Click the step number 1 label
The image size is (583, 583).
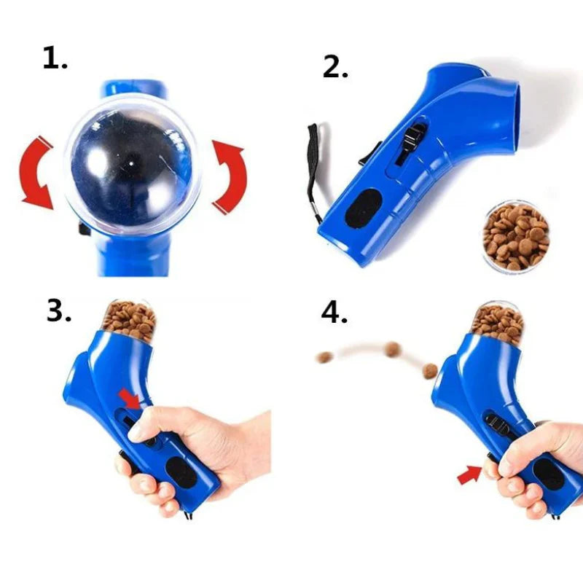pyautogui.click(x=55, y=58)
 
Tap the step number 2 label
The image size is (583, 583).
pyautogui.click(x=335, y=66)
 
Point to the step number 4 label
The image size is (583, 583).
pyautogui.click(x=334, y=313)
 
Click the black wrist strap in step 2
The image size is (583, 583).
pyautogui.click(x=313, y=171)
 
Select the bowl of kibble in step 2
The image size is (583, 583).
pyautogui.click(x=515, y=238)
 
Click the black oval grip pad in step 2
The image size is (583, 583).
pyautogui.click(x=364, y=208)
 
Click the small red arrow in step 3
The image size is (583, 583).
pyautogui.click(x=130, y=399)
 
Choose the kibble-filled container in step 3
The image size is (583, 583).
pyautogui.click(x=129, y=320)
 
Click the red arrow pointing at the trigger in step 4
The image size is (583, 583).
pyautogui.click(x=469, y=475)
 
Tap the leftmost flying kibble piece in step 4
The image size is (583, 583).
pyautogui.click(x=325, y=358)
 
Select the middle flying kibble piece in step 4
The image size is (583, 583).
pyautogui.click(x=393, y=348)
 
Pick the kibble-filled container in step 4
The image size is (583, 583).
pyautogui.click(x=498, y=322)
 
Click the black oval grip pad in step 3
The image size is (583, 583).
pyautogui.click(x=181, y=472)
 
